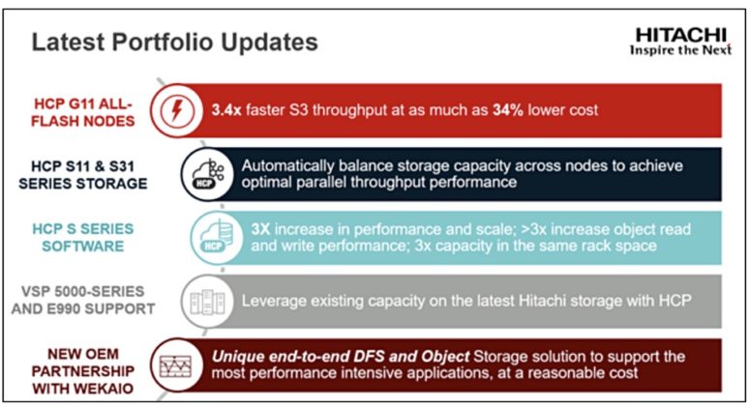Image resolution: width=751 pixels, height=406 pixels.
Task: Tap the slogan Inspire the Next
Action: coord(682,49)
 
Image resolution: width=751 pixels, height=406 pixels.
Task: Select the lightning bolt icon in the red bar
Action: coord(185,109)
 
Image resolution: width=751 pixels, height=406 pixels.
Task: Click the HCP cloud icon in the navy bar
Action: coord(200,174)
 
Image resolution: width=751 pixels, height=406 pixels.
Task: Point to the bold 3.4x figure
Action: coord(228,109)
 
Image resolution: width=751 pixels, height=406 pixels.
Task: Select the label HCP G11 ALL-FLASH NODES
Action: coord(89,109)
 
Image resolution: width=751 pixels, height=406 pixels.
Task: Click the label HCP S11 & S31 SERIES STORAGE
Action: coord(89,174)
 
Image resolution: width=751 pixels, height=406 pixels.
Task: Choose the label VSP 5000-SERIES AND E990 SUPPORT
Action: coord(88,300)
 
